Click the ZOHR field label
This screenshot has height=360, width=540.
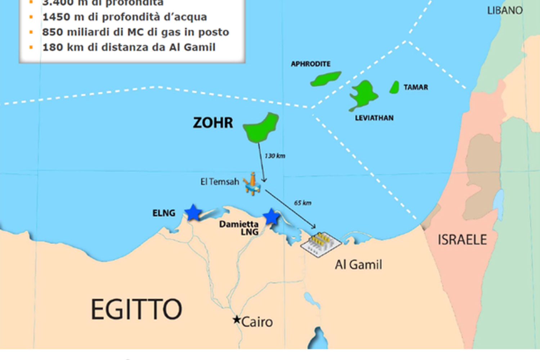click(213, 123)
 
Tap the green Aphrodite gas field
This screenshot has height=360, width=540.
click(325, 79)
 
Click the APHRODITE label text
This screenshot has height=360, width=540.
click(311, 64)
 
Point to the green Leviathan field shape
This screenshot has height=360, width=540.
click(363, 95)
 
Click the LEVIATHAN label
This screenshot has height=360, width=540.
click(374, 118)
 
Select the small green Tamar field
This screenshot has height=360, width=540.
click(395, 87)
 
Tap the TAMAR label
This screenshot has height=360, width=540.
click(416, 87)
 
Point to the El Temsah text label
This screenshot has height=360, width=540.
click(220, 182)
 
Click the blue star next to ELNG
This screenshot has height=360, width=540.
click(193, 213)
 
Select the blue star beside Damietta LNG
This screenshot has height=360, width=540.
click(271, 217)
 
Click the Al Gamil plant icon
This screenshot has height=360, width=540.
click(321, 244)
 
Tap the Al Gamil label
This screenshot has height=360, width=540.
click(359, 265)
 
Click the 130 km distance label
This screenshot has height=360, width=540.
click(275, 156)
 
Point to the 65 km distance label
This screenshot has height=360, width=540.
click(302, 203)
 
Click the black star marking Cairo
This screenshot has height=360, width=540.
click(237, 319)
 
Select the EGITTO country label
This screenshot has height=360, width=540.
click(136, 309)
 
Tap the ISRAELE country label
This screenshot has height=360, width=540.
click(462, 240)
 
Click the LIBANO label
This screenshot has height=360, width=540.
click(505, 11)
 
